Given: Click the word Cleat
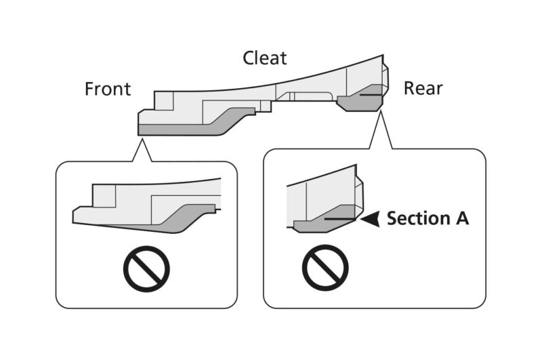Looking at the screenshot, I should click(x=265, y=58).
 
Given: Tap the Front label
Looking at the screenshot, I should click(x=108, y=89).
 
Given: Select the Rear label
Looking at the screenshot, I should click(x=423, y=88).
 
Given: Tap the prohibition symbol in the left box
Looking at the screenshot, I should click(x=146, y=269).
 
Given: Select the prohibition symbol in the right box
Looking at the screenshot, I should click(x=325, y=270).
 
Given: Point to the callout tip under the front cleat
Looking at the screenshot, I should click(x=142, y=139).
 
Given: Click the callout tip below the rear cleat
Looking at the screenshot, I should click(x=381, y=113).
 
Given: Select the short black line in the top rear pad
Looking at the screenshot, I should click(x=369, y=96).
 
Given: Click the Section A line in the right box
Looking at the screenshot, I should click(x=339, y=219).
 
